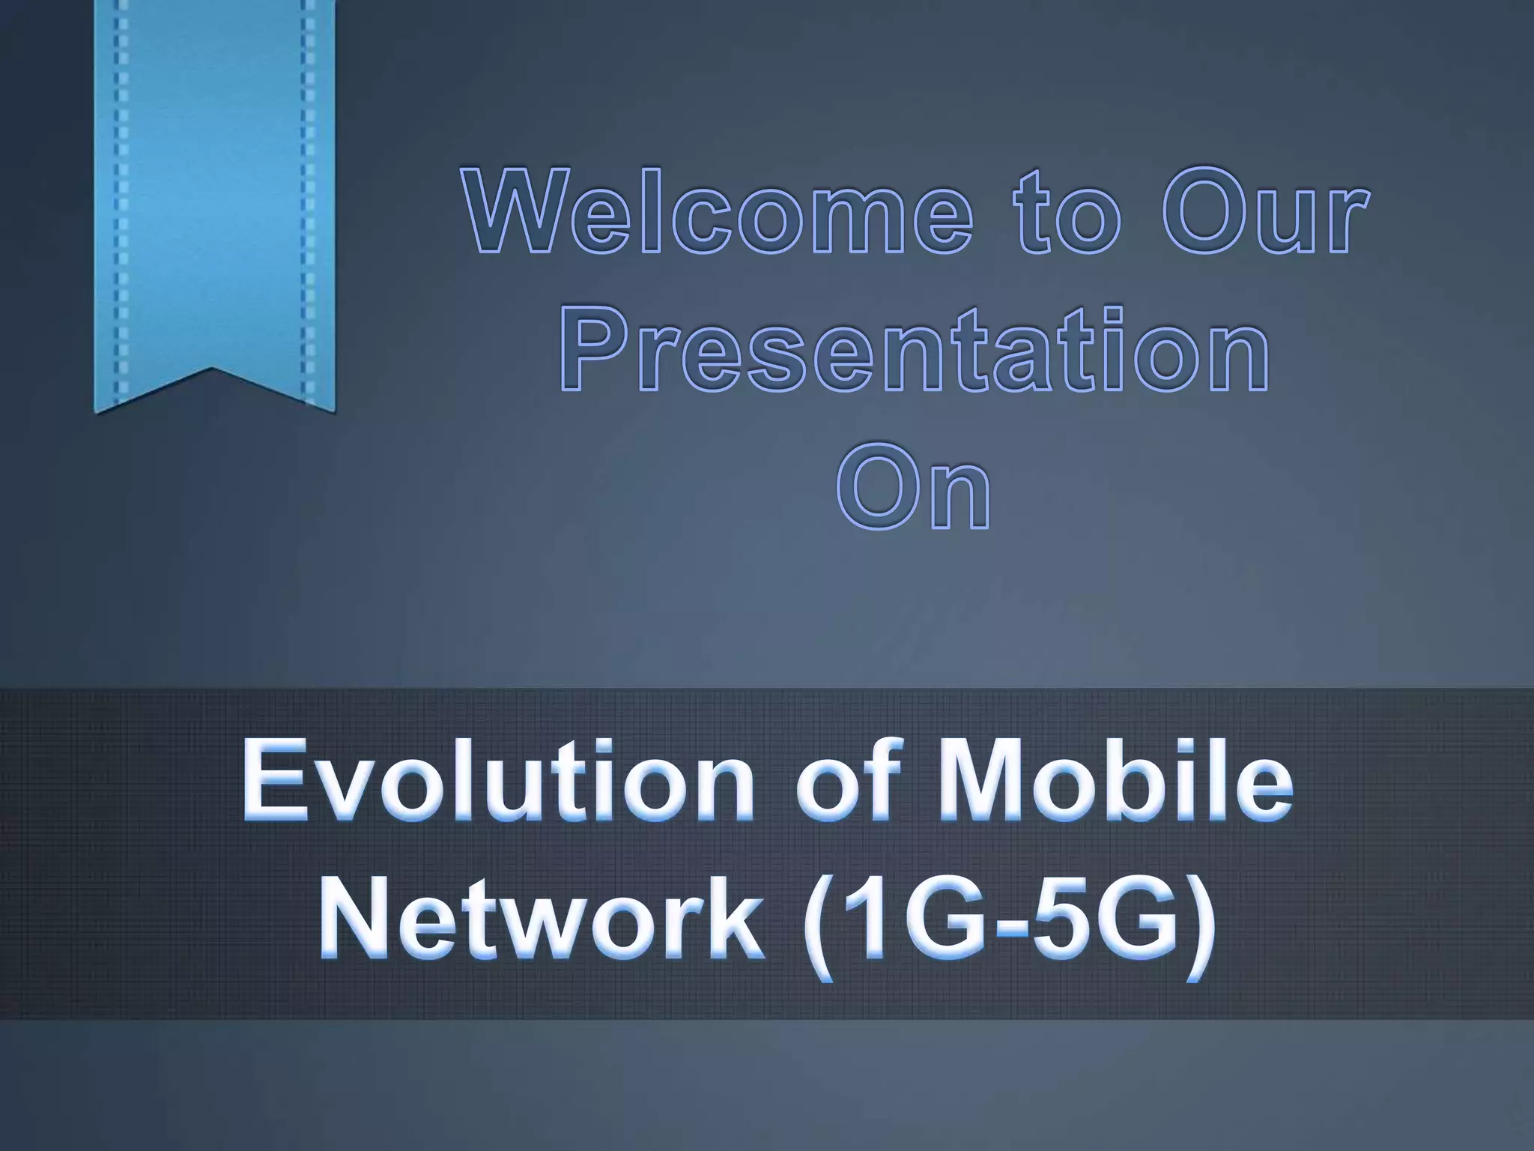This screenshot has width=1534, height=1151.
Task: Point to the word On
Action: [x=914, y=487]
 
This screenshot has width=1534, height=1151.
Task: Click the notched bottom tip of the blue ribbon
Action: [x=213, y=371]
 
